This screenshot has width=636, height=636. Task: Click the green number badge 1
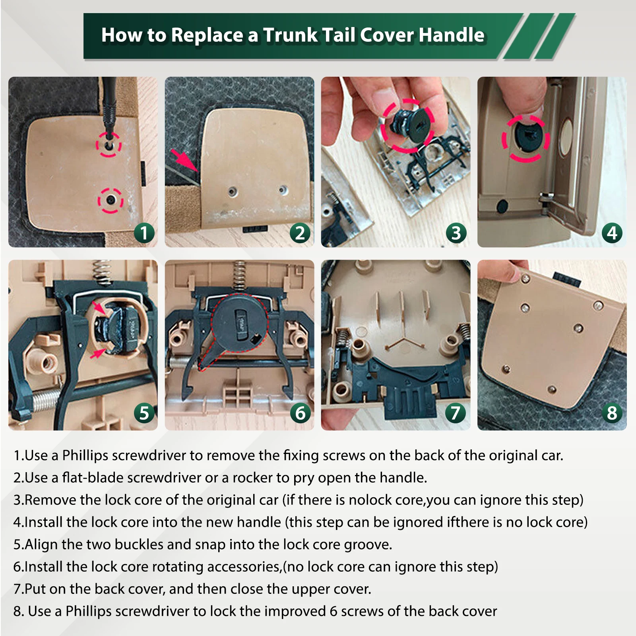pyautogui.click(x=144, y=233)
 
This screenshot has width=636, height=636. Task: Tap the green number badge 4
pyautogui.click(x=612, y=233)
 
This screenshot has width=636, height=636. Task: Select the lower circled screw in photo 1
pyautogui.click(x=111, y=200)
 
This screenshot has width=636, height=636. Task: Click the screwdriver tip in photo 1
pyautogui.click(x=108, y=137)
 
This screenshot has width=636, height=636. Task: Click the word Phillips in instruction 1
pyautogui.click(x=85, y=456)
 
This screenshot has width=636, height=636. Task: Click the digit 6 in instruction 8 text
pyautogui.click(x=334, y=611)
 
